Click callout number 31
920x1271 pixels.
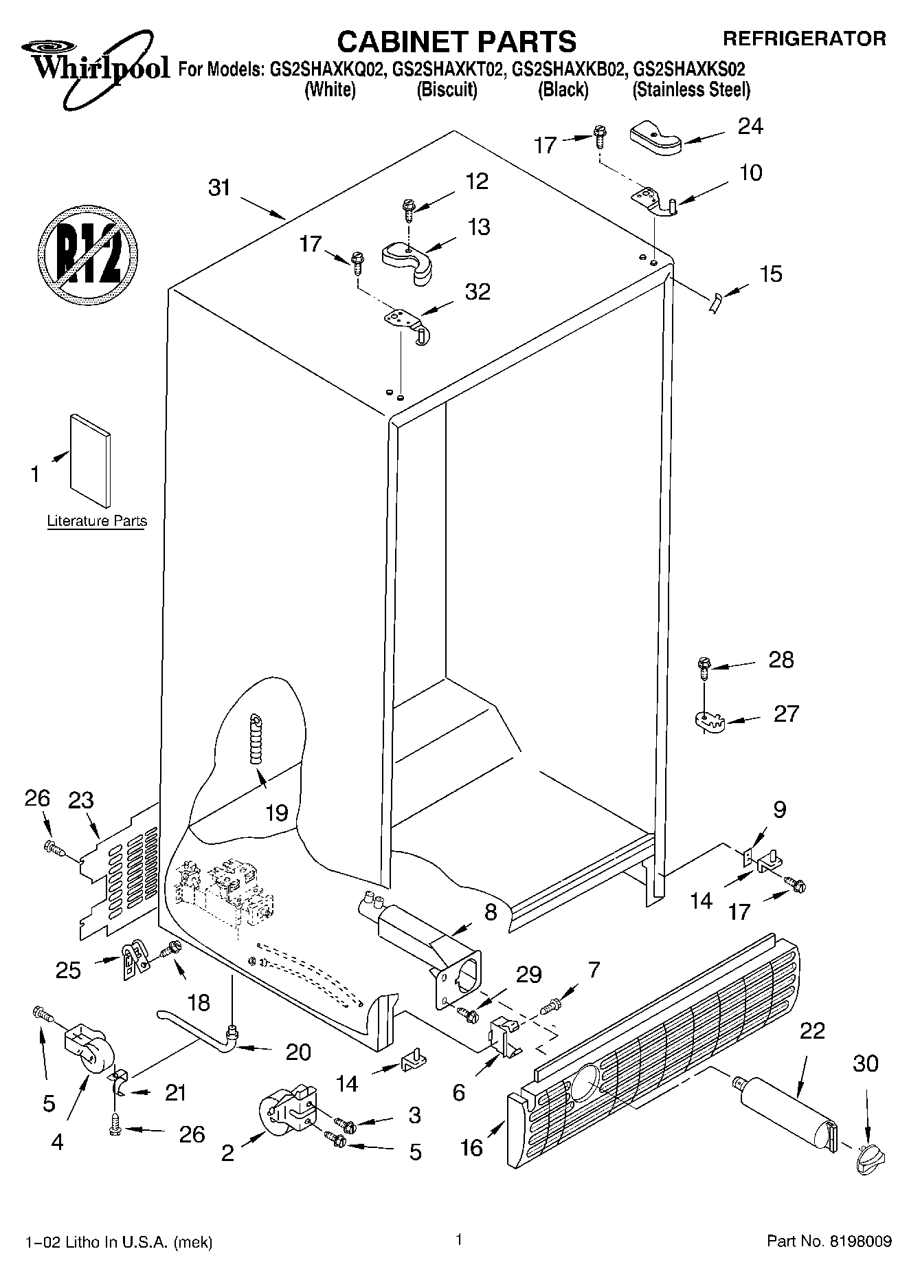[219, 188]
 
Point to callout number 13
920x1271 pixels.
[479, 227]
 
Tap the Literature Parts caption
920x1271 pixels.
[97, 521]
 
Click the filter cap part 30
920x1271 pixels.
[868, 1160]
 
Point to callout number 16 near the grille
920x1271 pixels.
[472, 1147]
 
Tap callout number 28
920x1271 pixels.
[781, 660]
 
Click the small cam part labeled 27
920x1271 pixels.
[708, 721]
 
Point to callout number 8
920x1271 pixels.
[491, 913]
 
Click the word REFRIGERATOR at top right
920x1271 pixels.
[804, 39]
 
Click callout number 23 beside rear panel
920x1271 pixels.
[81, 801]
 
